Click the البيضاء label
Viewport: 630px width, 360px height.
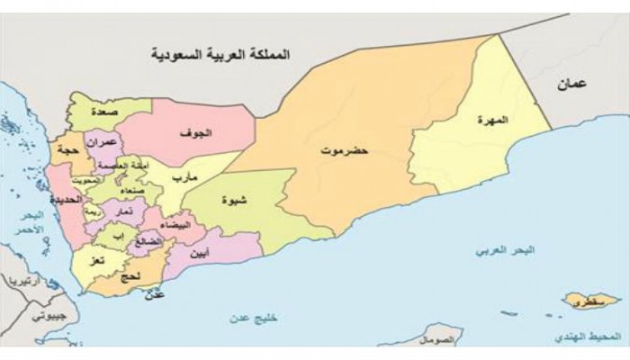click(x=173, y=226)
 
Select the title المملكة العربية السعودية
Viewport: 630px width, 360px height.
click(x=222, y=55)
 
